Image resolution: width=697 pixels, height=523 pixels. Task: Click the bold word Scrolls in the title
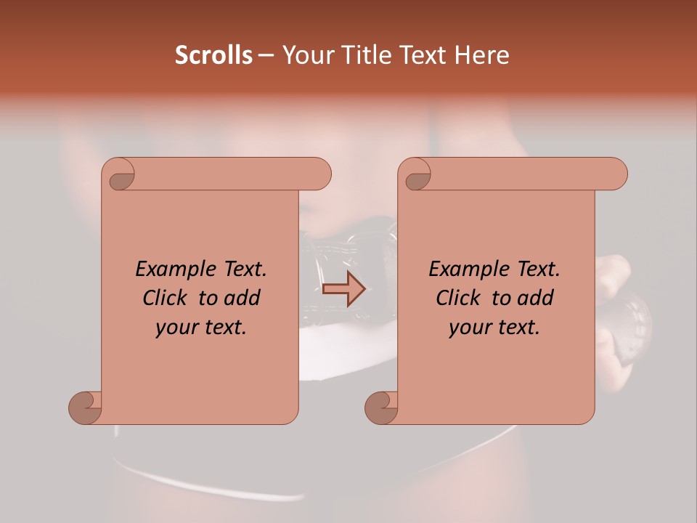[213, 55]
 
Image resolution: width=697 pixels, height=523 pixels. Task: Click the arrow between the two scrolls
[343, 289]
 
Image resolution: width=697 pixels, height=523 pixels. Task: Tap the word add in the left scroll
[242, 298]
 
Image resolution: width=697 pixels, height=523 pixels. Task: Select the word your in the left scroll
[178, 328]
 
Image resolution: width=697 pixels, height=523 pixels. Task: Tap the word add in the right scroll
[536, 298]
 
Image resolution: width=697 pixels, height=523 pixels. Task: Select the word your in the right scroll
[471, 328]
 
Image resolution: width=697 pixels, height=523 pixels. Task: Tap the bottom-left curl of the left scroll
[85, 407]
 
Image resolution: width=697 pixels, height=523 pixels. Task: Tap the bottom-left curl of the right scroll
[381, 407]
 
